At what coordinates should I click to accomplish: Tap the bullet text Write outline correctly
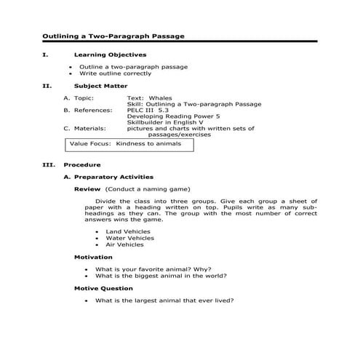pos(116,73)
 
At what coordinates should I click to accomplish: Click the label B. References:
pos(88,110)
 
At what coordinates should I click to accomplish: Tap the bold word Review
pos(87,188)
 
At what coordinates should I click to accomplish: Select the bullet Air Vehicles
pos(125,244)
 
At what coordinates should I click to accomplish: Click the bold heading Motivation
pos(93,257)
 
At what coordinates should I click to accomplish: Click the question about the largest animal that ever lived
pos(170,300)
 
